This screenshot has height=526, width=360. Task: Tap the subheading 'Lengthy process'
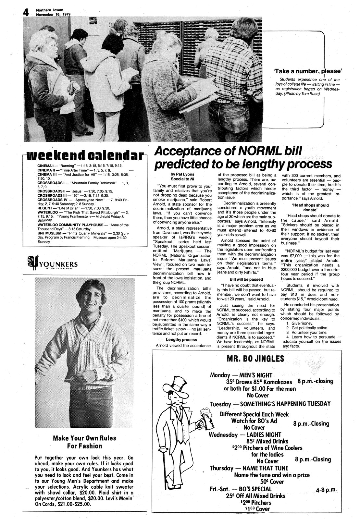pyautogui.click(x=181, y=339)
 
